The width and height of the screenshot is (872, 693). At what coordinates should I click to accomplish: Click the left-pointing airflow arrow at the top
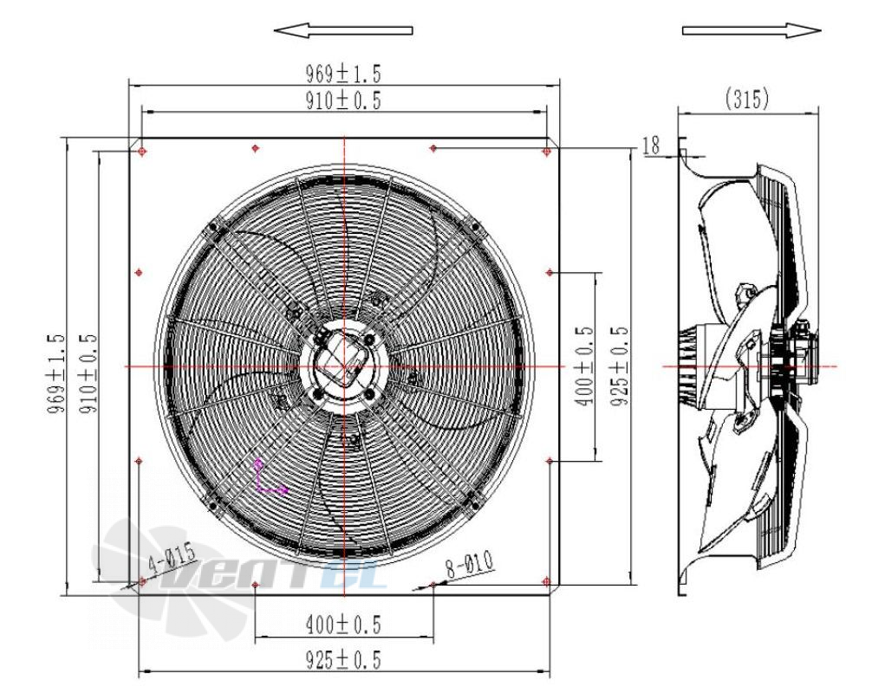point(343,30)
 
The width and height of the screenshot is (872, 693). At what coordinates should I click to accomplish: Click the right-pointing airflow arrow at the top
point(752,30)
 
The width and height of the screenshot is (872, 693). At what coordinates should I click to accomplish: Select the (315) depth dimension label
point(747,99)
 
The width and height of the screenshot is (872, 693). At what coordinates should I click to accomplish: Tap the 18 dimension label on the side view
point(651,146)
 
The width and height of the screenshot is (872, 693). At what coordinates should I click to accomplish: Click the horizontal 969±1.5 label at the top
point(343,73)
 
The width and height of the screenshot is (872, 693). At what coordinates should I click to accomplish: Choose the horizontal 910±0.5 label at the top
point(343,100)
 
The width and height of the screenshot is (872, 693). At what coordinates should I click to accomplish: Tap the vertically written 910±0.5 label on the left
point(88,373)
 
